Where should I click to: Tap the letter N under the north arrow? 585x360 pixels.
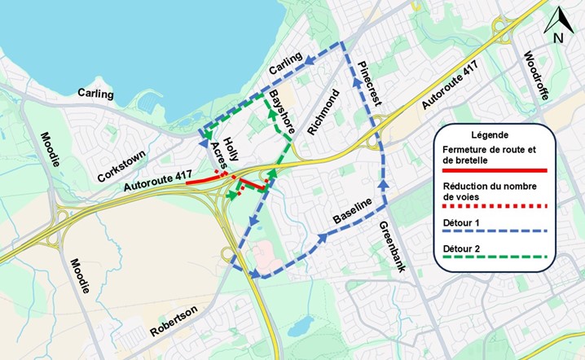[x=559, y=37]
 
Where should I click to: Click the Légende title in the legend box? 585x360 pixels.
[x=490, y=134]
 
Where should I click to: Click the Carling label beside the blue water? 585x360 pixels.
[x=95, y=94]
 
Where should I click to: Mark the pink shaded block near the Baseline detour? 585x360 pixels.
[x=260, y=257]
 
